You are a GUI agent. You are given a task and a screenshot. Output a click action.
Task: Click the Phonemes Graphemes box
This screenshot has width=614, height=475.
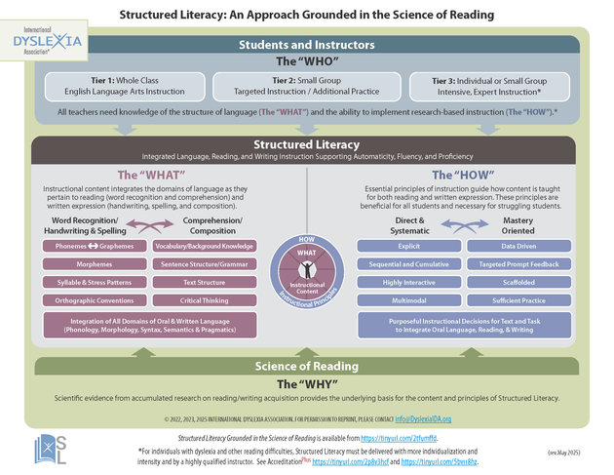(94, 247)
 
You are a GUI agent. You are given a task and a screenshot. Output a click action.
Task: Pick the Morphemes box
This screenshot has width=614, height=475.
(94, 263)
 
